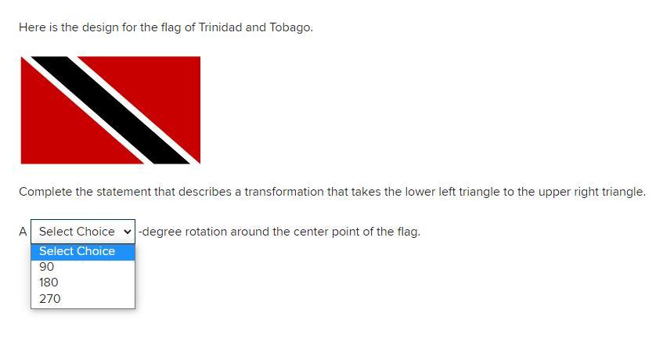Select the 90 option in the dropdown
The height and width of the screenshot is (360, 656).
pyautogui.click(x=46, y=267)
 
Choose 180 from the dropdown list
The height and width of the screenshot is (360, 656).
pyautogui.click(x=49, y=283)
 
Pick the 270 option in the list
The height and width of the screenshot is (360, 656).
pyautogui.click(x=50, y=299)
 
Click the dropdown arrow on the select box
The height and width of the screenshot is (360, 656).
pyautogui.click(x=127, y=231)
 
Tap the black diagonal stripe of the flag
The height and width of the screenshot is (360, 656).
pyautogui.click(x=110, y=110)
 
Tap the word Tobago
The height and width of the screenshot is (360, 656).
pyautogui.click(x=291, y=27)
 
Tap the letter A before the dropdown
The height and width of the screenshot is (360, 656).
pyautogui.click(x=23, y=232)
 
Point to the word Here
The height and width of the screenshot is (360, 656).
pyautogui.click(x=32, y=27)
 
